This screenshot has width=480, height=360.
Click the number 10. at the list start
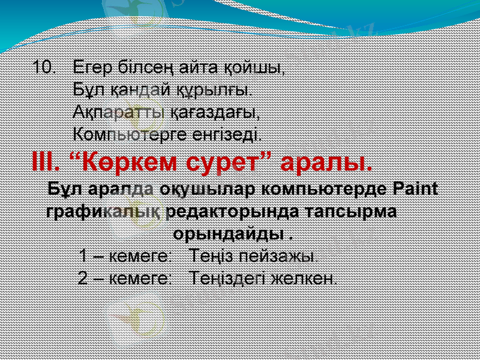coord(44,66)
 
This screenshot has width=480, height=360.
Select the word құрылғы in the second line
coord(214,89)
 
